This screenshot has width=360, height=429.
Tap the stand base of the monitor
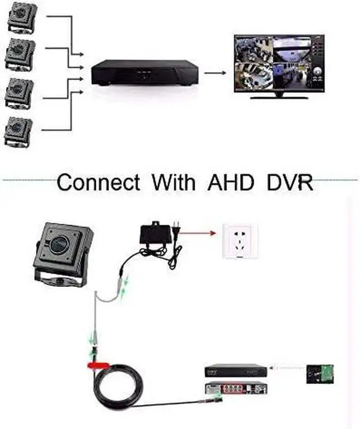coord(280,96)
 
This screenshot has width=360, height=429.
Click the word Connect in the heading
coord(98,183)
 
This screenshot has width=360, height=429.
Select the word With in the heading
coord(173,183)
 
